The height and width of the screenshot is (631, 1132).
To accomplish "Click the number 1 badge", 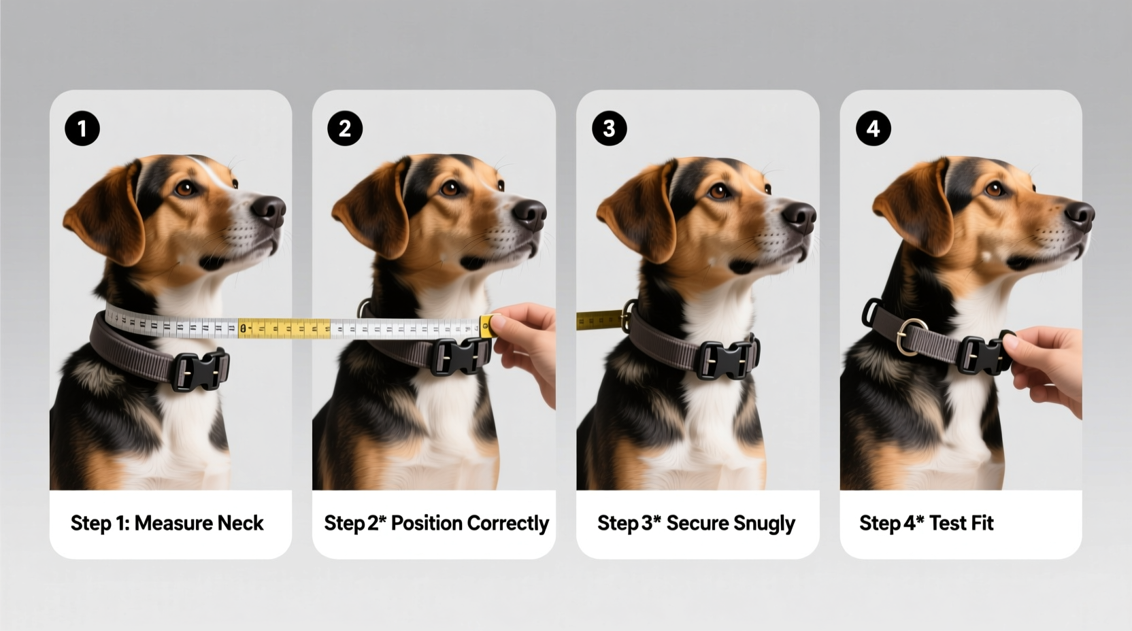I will click(x=82, y=129).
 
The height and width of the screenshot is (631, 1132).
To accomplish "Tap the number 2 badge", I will click(x=345, y=129).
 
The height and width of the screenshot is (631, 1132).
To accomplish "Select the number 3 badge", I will click(x=609, y=129).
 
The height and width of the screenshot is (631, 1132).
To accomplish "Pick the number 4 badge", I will click(x=873, y=129).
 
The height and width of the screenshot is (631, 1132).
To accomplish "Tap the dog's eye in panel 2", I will click(x=449, y=188).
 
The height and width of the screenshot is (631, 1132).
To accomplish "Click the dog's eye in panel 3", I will click(x=718, y=192).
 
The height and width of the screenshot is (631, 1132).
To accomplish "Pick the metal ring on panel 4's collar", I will click(x=911, y=336).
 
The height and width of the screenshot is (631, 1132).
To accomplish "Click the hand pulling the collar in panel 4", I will click(x=1048, y=367).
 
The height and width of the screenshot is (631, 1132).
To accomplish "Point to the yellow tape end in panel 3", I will click(x=599, y=320).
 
